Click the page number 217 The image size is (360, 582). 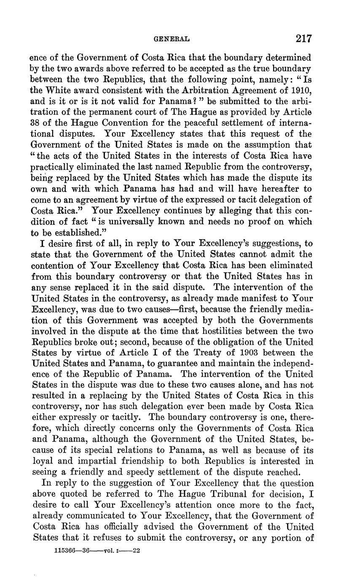click(304, 39)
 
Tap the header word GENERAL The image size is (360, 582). click(172, 39)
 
